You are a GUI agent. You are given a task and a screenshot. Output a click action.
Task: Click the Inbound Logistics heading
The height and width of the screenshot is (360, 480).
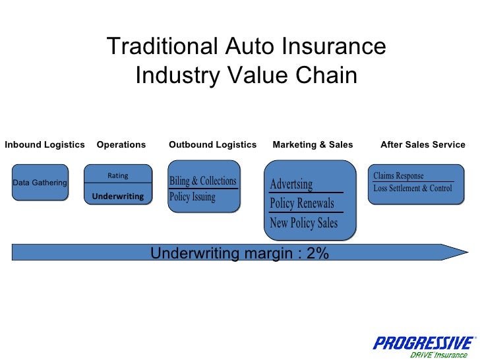pyautogui.click(x=45, y=145)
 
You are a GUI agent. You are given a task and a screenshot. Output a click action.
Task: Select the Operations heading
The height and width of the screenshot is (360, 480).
pyautogui.click(x=121, y=145)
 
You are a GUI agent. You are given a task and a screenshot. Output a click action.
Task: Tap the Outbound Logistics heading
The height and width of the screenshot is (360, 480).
pyautogui.click(x=212, y=145)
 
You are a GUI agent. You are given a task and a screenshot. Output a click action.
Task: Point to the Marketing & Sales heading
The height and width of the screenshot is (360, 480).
pyautogui.click(x=313, y=145)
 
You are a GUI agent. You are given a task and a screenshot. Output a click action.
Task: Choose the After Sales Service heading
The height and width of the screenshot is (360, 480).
pyautogui.click(x=423, y=145)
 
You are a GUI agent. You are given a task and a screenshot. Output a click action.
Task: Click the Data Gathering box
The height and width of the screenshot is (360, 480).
pyautogui.click(x=40, y=183)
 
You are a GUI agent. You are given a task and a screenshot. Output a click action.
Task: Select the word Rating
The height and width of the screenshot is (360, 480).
pyautogui.click(x=118, y=176)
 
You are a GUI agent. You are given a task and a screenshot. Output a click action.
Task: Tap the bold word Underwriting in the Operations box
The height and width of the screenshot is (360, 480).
pyautogui.click(x=118, y=196)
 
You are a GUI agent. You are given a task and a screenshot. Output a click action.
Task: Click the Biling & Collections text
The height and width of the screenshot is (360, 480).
pyautogui.click(x=202, y=181)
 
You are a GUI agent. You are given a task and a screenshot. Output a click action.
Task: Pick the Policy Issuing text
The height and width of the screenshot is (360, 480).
pyautogui.click(x=193, y=196)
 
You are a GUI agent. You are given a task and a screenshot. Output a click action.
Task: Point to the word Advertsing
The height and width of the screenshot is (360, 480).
pyautogui.click(x=291, y=184)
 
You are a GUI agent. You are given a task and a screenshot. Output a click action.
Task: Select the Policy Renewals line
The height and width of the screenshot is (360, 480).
pyautogui.click(x=302, y=204)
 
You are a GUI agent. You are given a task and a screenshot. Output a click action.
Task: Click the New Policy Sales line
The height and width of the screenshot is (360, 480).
pyautogui.click(x=304, y=223)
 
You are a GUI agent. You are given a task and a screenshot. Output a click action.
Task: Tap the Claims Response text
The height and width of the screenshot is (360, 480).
pyautogui.click(x=398, y=176)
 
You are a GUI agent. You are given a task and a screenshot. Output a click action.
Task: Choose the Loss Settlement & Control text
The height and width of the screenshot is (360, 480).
pyautogui.click(x=413, y=189)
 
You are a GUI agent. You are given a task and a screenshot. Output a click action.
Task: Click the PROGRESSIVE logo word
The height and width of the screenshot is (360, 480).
pyautogui.click(x=423, y=343)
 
